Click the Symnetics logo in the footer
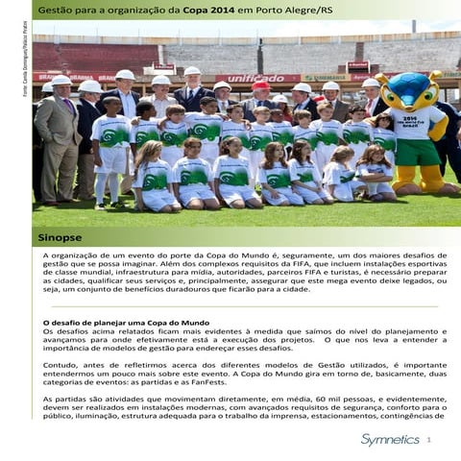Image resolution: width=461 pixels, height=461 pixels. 389,439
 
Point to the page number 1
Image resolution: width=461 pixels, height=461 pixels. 429,439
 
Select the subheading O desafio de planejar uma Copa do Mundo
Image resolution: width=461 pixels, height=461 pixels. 127,322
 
